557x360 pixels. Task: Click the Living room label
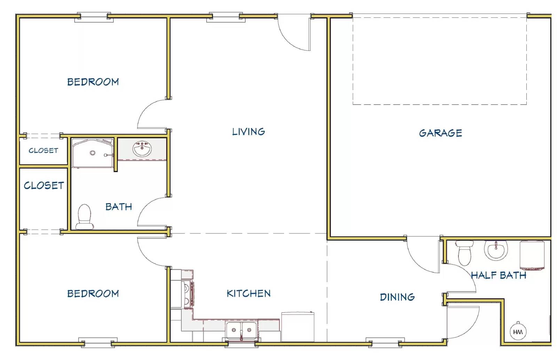point(249,132)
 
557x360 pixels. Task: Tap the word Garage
point(440,133)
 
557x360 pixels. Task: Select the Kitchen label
point(249,294)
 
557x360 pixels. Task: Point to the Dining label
point(397,297)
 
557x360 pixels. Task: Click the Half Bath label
point(499,275)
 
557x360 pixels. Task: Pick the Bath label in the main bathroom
point(119,207)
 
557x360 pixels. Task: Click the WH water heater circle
point(518,331)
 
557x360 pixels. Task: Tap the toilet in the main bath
point(85,217)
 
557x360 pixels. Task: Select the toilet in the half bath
point(464,253)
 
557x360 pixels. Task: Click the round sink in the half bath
point(496,250)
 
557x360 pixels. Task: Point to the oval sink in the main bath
point(142,149)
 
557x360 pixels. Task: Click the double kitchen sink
point(241,331)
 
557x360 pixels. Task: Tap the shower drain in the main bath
point(93,153)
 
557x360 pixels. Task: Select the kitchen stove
point(188,294)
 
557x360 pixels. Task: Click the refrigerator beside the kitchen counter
point(298,327)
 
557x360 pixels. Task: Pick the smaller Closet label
point(43,151)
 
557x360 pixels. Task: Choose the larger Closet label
point(44,186)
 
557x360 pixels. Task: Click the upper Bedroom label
point(93,82)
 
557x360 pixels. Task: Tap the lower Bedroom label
point(93,294)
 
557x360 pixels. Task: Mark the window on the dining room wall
point(385,343)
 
